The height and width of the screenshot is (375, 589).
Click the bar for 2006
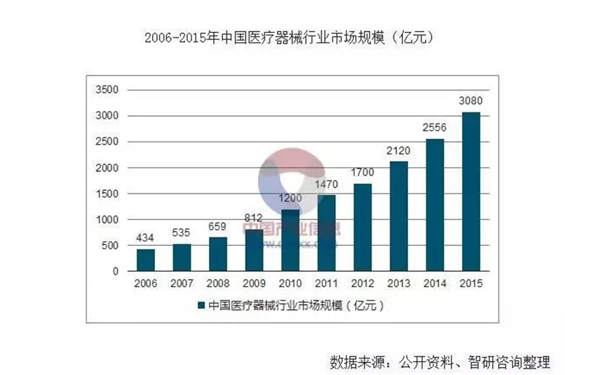click(146, 261)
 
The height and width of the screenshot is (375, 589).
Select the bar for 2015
click(470, 192)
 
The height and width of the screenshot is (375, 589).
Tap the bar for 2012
click(363, 228)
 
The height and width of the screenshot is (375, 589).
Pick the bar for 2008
click(218, 254)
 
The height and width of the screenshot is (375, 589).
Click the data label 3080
click(470, 100)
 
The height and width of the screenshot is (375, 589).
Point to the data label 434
click(146, 237)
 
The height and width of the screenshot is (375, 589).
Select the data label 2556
click(435, 127)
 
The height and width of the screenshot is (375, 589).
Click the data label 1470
click(327, 184)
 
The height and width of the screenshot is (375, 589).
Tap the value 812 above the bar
click(255, 218)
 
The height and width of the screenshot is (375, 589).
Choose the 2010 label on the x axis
click(290, 285)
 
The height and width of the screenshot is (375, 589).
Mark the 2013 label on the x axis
click(398, 285)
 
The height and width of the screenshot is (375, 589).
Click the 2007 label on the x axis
click(182, 285)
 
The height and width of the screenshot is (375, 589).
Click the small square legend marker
click(201, 305)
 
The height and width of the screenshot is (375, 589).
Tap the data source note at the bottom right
click(440, 362)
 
